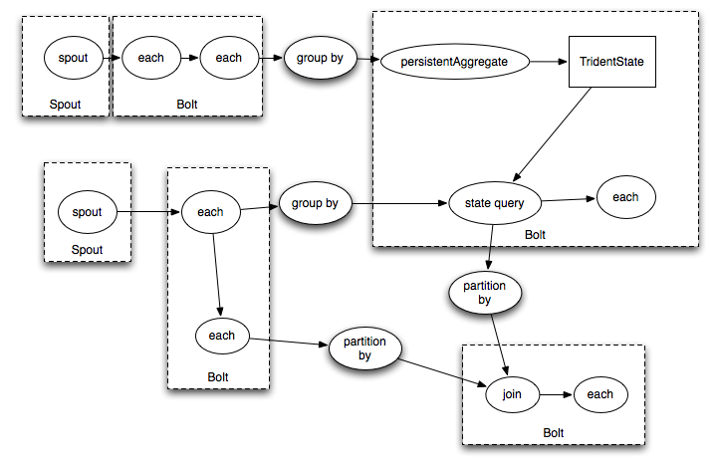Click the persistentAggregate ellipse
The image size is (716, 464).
click(454, 62)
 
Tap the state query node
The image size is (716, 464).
click(495, 203)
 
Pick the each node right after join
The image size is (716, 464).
click(599, 395)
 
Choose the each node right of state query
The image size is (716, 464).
click(625, 197)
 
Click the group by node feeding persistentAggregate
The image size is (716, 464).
click(320, 58)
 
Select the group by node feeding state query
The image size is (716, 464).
click(315, 203)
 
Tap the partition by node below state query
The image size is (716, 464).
click(485, 293)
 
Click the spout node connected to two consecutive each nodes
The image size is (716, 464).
click(74, 58)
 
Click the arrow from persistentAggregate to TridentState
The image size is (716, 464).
click(545, 62)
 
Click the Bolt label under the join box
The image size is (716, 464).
click(554, 433)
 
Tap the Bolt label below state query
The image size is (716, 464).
click(536, 234)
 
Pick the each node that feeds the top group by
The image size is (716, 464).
click(229, 58)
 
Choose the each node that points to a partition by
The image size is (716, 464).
click(222, 336)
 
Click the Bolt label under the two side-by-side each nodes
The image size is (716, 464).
click(187, 104)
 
